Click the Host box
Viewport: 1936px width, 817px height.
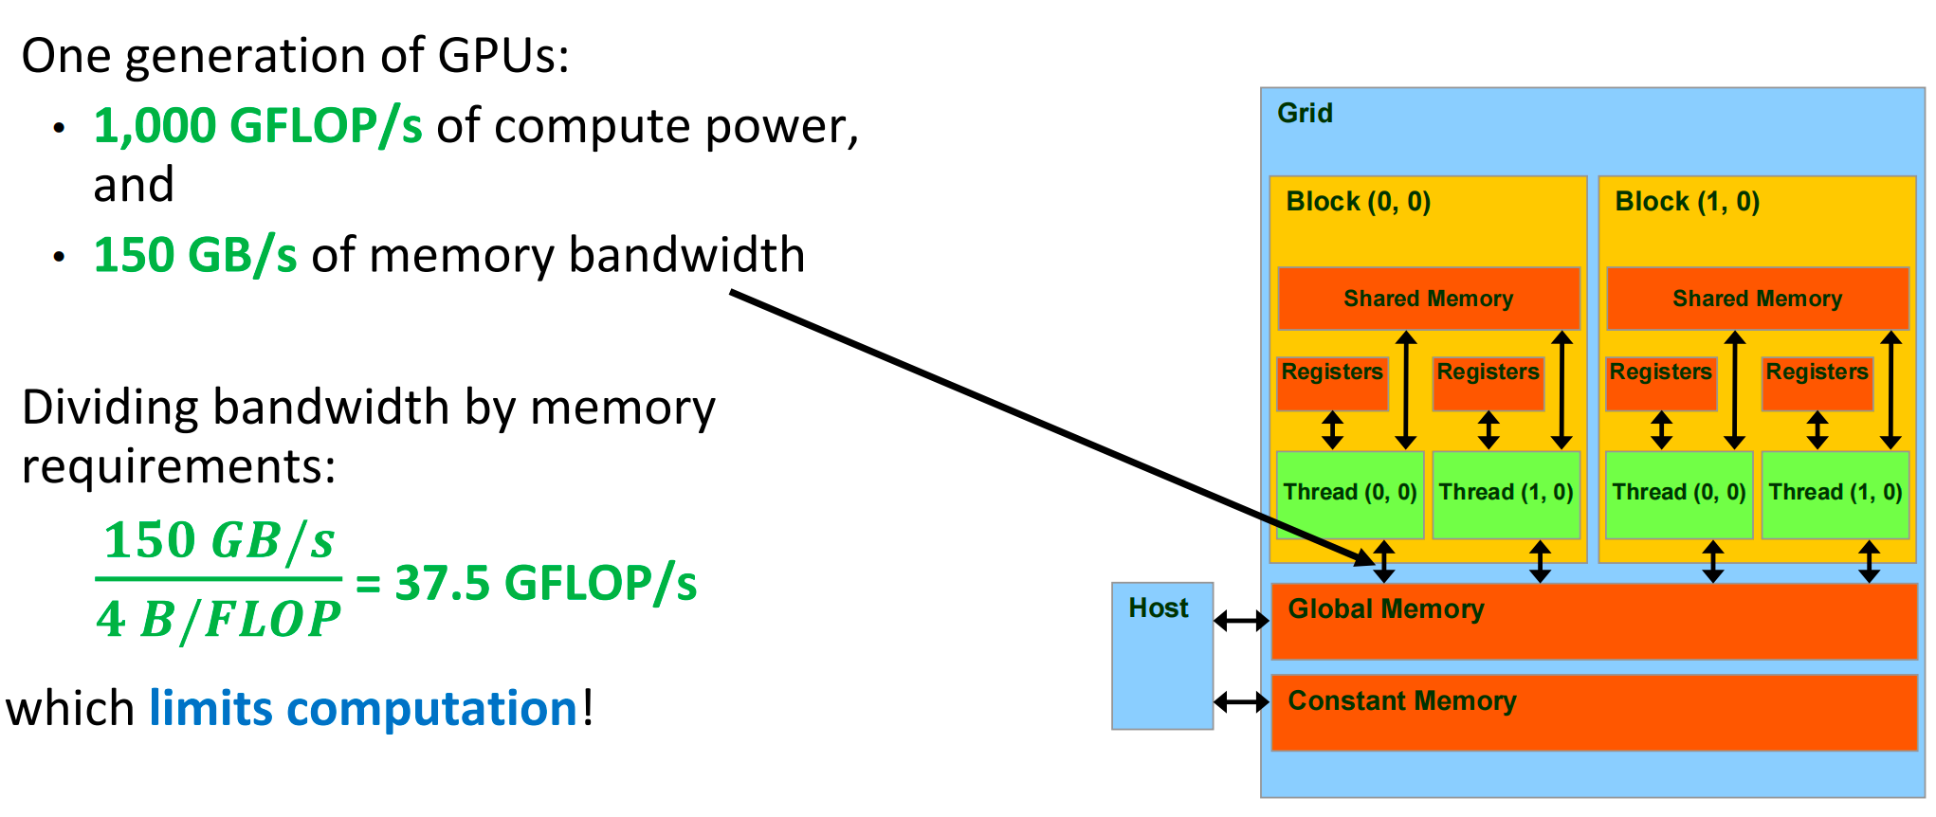(x=1161, y=656)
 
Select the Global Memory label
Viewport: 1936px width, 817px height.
(x=1385, y=609)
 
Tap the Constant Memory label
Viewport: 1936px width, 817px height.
(x=1401, y=701)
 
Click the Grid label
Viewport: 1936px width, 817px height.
(x=1305, y=114)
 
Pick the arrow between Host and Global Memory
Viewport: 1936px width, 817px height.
(x=1241, y=621)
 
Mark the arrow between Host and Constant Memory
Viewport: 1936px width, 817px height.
(x=1241, y=702)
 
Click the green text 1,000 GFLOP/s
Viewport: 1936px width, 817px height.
(x=258, y=126)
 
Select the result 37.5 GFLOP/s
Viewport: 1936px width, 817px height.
(x=545, y=583)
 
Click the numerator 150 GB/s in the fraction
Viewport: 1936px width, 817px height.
(x=219, y=541)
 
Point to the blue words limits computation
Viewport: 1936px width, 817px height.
(x=363, y=709)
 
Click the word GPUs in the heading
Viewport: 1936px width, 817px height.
(x=502, y=56)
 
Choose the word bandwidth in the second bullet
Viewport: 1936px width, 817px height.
(x=686, y=256)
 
